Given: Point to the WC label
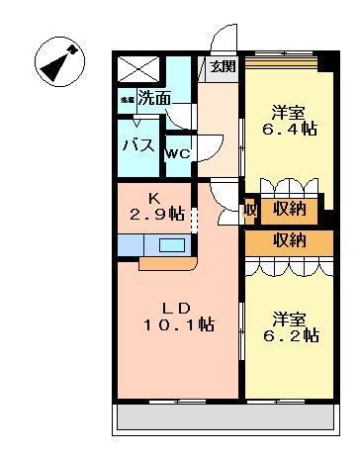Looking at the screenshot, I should (177, 153).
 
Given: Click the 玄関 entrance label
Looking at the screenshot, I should (223, 67).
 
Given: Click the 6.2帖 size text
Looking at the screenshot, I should (296, 336).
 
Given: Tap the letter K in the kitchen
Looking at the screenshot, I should (154, 196).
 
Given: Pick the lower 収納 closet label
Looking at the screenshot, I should (290, 240).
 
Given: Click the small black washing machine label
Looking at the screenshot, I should (127, 99).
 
